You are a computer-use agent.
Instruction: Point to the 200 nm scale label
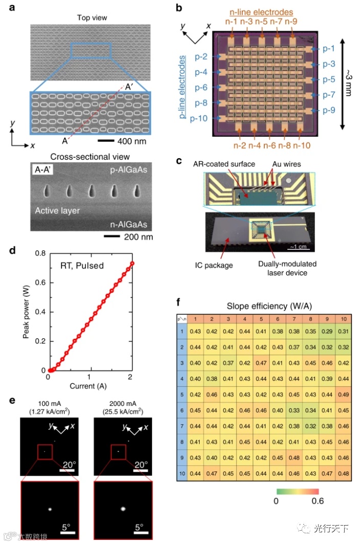click(132, 237)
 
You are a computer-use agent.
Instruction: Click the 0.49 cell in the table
click(343, 395)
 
